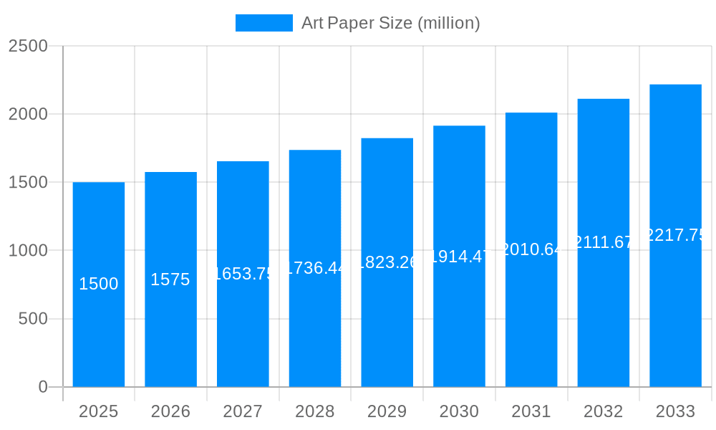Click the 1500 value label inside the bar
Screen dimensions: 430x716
pos(99,284)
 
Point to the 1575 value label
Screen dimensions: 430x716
pos(170,279)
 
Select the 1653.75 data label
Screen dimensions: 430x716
pos(243,274)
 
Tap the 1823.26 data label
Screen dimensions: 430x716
pos(387,262)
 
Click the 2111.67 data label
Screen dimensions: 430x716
pos(604,242)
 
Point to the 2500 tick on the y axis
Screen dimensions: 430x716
pos(29,46)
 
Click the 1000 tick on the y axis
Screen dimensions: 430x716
pos(29,251)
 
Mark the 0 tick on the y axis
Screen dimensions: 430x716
pos(43,387)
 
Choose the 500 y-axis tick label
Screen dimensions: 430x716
pos(33,319)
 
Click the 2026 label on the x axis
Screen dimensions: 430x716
pos(170,411)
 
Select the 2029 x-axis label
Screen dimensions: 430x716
pos(387,411)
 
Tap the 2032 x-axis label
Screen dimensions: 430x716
pos(604,411)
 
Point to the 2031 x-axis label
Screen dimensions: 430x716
pos(531,411)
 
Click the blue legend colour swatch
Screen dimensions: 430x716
pos(263,23)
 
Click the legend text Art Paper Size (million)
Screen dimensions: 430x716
pos(390,23)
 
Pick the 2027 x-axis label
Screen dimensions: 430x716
pos(243,411)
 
